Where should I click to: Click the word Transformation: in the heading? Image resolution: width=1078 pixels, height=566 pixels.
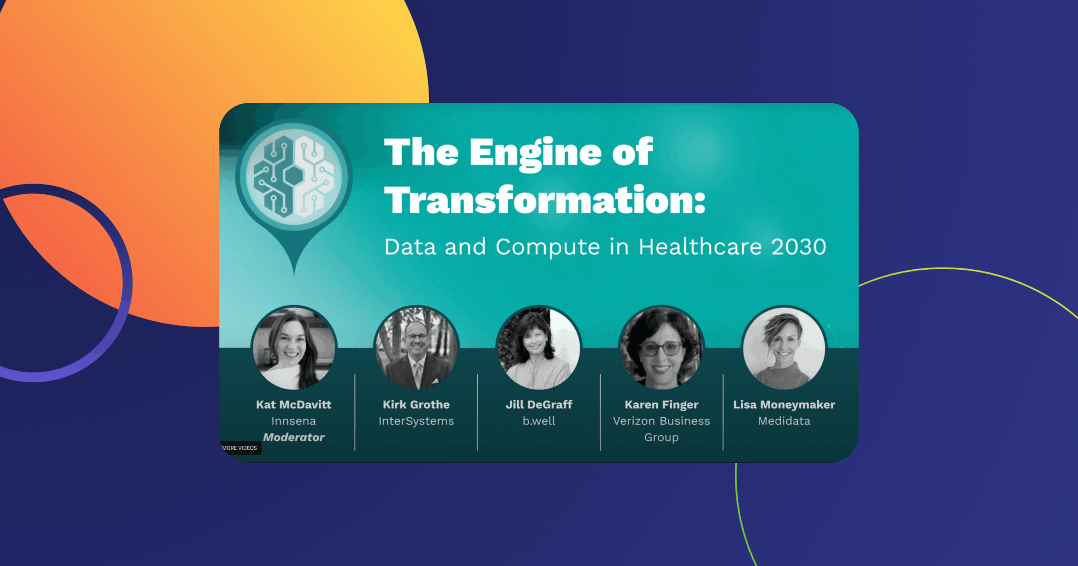(545, 200)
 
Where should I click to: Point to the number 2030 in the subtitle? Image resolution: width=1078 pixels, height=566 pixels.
(799, 247)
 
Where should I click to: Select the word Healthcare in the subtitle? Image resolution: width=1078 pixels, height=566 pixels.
(700, 247)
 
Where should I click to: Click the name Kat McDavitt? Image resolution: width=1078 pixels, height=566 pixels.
(294, 405)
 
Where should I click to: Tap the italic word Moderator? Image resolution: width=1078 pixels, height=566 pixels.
(294, 437)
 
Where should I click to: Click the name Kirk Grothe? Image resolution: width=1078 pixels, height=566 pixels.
(416, 405)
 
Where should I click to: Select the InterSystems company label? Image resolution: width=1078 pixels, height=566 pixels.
(416, 421)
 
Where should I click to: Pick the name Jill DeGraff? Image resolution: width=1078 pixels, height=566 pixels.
(539, 405)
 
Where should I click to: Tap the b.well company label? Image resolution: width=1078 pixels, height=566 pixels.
(539, 421)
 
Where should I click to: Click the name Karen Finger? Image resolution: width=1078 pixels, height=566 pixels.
(662, 405)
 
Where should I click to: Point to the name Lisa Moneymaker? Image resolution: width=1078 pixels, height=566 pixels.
(784, 405)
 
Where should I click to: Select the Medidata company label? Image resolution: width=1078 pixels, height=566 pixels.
(784, 421)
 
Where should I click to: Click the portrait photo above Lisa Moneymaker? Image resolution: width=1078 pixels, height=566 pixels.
(784, 348)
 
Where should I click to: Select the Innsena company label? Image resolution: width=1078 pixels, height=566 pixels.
(294, 421)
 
